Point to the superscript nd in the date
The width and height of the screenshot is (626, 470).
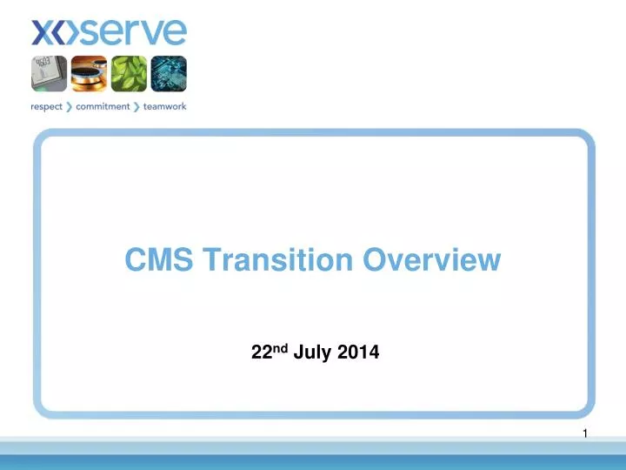pyautogui.click(x=276, y=349)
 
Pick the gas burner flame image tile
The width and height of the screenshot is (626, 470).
pyautogui.click(x=89, y=74)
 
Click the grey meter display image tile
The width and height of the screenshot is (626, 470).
pyautogui.click(x=50, y=74)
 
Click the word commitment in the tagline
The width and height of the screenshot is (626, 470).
pyautogui.click(x=109, y=107)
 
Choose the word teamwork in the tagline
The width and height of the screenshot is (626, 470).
pyautogui.click(x=165, y=107)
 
